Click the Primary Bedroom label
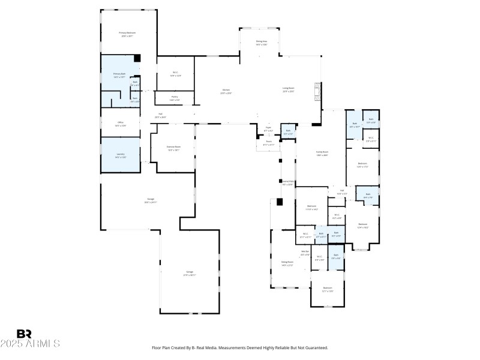coord(127,34)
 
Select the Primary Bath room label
coord(119,75)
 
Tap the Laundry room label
coord(120,155)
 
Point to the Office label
coord(120,124)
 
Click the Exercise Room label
coord(173,148)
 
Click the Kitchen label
coord(226,91)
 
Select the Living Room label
coord(289,89)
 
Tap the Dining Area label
coord(261,43)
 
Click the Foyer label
coord(268,129)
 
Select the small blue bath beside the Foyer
coord(288,131)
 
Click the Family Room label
coord(322,153)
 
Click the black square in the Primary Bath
coord(137,59)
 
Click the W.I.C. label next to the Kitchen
coord(175,74)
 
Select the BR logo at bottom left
coord(24,334)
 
